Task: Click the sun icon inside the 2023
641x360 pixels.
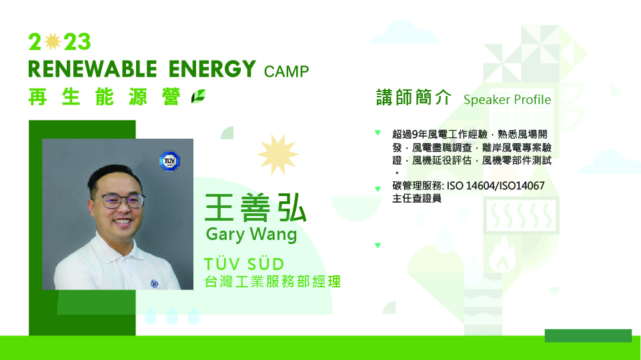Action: click(53, 41)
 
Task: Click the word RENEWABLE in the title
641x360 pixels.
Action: click(93, 69)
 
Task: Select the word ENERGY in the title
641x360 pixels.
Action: click(212, 69)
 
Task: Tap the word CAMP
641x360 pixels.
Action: click(287, 71)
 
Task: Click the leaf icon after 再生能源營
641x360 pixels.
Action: click(198, 97)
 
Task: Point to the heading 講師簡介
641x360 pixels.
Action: click(414, 97)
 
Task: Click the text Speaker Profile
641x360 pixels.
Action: click(508, 100)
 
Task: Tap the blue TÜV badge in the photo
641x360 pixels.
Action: click(169, 161)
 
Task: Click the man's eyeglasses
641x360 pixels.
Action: click(119, 201)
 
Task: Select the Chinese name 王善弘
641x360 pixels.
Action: click(255, 207)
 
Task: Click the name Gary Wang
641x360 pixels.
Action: click(251, 235)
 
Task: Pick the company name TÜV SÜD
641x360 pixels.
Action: click(244, 264)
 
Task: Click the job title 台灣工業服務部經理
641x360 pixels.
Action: click(272, 281)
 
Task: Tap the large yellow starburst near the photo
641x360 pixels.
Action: click(278, 155)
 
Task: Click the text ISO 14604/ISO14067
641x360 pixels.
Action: click(496, 186)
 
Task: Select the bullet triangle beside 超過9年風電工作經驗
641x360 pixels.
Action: click(378, 133)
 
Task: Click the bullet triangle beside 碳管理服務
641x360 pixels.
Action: click(378, 189)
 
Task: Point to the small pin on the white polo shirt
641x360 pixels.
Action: click(154, 283)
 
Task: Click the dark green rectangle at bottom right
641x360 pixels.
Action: click(588, 335)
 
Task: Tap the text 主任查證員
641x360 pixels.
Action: click(417, 199)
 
